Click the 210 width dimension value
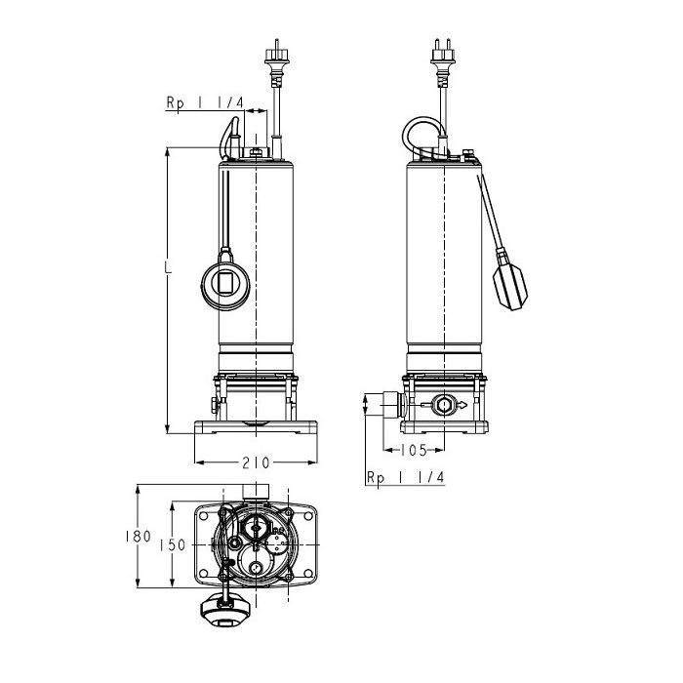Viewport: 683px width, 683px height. coord(256,462)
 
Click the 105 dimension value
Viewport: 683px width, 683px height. coord(414,450)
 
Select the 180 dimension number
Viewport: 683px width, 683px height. coord(139,537)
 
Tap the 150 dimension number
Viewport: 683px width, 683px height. coord(173,544)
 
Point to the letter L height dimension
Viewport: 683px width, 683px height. coord(168,267)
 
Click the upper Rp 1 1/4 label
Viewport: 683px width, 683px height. coord(204,102)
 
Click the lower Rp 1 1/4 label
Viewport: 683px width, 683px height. coord(405,477)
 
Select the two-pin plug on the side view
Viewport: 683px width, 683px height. coord(443,60)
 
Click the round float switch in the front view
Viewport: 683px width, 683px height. coord(225,283)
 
